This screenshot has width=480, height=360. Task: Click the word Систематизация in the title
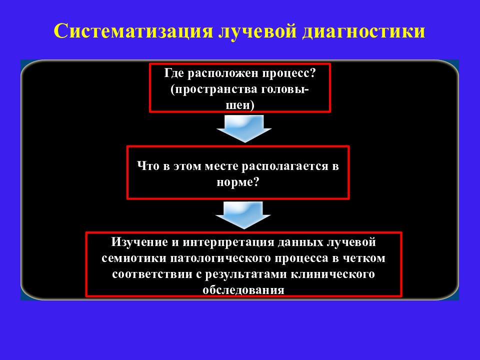(x=133, y=31)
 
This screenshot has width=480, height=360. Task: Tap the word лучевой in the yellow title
(x=257, y=31)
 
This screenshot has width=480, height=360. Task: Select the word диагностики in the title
(x=363, y=31)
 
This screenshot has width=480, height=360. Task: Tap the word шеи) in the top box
(x=240, y=105)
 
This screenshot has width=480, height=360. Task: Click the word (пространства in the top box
(x=213, y=90)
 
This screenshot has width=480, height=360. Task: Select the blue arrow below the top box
(x=244, y=128)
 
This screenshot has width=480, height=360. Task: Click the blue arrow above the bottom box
(x=243, y=215)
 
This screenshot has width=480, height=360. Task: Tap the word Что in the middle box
(x=148, y=166)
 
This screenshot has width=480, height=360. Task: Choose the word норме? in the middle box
(x=238, y=183)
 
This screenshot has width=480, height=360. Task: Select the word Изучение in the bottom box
(x=139, y=242)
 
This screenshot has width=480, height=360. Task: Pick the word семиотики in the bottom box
(x=134, y=258)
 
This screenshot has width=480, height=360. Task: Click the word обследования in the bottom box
(x=243, y=290)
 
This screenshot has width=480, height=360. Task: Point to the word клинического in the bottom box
(x=333, y=274)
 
